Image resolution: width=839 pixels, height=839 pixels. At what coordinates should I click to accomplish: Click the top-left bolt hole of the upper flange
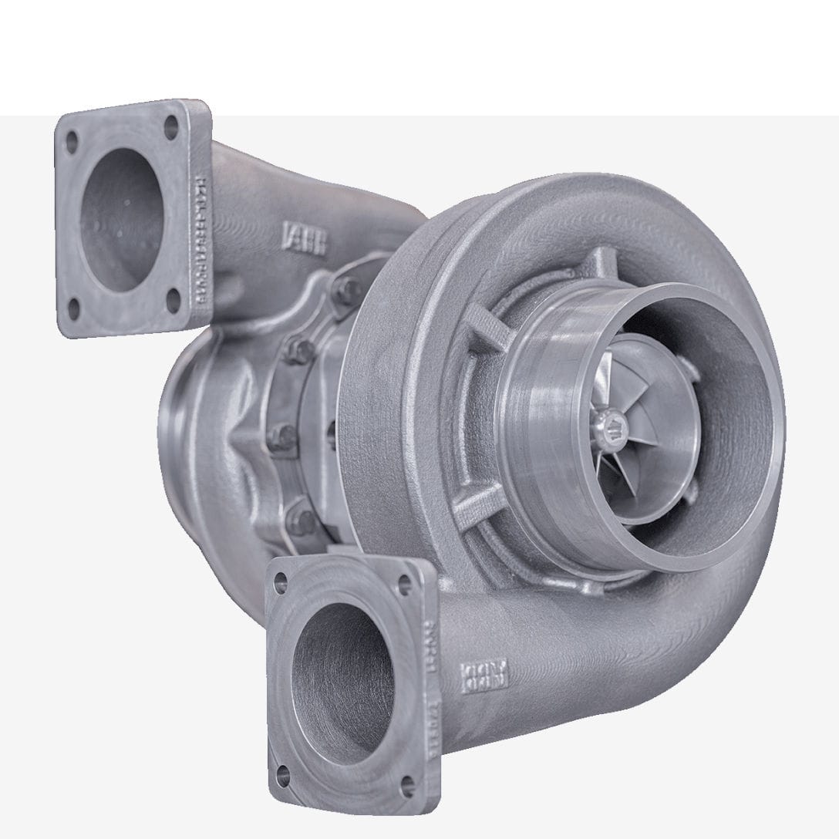coord(72,142)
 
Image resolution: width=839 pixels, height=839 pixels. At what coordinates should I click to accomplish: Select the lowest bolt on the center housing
coord(300,520)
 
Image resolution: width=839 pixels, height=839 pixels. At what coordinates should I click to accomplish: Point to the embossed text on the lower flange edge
coord(433,663)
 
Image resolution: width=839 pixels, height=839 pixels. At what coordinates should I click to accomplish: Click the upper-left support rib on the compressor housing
coord(486,324)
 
